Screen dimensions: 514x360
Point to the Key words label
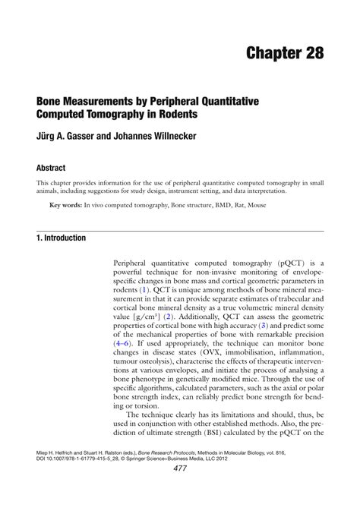(x=65, y=206)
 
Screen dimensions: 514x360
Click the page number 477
(x=180, y=490)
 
